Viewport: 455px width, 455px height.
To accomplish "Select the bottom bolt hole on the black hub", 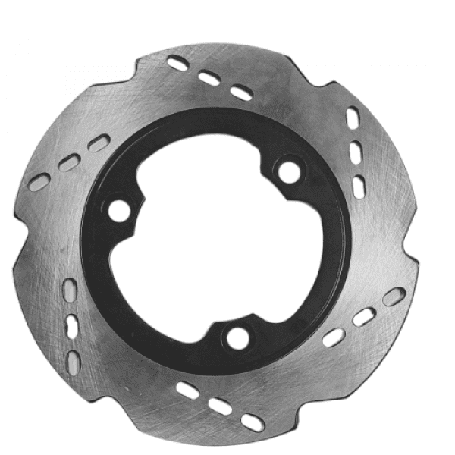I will [238, 338].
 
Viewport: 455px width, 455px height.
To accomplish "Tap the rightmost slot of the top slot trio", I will [241, 93].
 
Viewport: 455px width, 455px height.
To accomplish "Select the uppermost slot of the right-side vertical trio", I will [353, 118].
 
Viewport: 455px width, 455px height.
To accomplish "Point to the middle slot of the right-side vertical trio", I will [356, 152].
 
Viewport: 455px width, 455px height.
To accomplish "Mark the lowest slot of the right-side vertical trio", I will [358, 184].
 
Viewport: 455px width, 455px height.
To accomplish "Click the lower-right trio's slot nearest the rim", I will [394, 297].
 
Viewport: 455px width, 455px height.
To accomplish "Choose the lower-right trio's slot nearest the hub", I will [333, 337].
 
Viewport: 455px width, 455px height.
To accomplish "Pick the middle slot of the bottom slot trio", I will [221, 406].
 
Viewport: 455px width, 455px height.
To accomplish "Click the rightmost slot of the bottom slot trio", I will [253, 422].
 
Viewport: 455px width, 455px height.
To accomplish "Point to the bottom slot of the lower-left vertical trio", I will [74, 360].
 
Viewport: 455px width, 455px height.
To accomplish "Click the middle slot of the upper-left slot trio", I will [69, 162].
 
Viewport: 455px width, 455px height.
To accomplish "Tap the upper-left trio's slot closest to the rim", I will [39, 182].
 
